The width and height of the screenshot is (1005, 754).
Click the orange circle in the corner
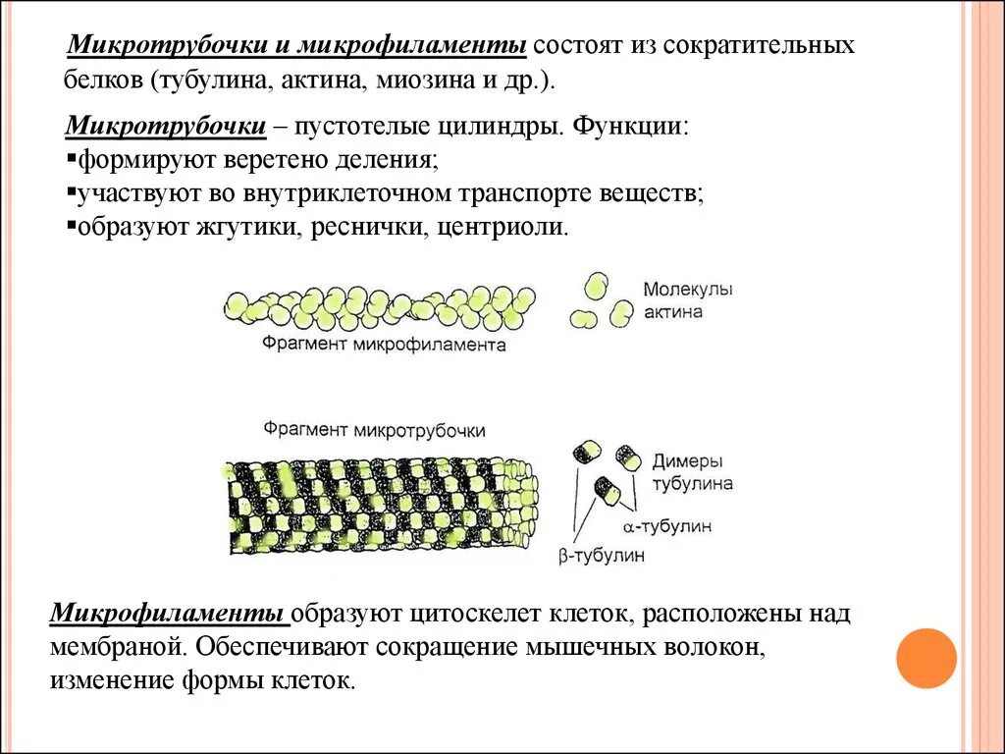pyautogui.click(x=926, y=658)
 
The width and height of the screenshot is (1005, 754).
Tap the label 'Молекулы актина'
pyautogui.click(x=688, y=301)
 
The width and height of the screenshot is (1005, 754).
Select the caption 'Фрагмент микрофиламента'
pyautogui.click(x=384, y=345)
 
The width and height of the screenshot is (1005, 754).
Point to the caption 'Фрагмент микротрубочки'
pyautogui.click(x=374, y=430)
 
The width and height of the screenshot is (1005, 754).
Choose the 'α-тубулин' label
pyautogui.click(x=672, y=527)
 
